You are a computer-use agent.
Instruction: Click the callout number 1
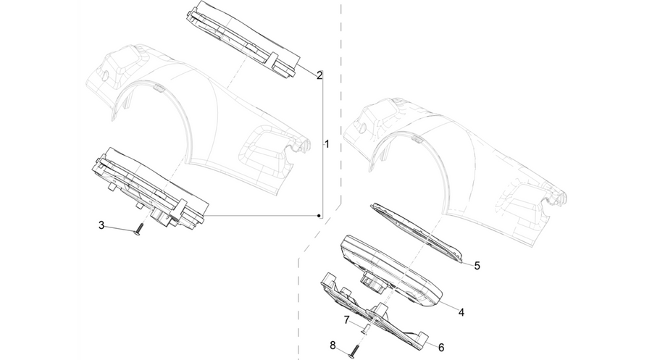point(327,144)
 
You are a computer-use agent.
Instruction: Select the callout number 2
point(319,75)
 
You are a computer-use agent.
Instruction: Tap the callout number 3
point(101,225)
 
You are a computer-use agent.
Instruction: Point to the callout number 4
point(461,311)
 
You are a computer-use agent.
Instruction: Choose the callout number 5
point(477,265)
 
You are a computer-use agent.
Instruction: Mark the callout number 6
point(441,347)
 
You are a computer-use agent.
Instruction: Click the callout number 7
point(346,320)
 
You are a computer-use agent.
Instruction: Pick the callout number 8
point(333,345)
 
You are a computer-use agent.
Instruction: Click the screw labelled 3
point(139,230)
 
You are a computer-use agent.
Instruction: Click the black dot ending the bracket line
point(319,216)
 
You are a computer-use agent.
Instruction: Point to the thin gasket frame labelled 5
point(417,233)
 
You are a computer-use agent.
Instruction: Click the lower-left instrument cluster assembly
point(150,187)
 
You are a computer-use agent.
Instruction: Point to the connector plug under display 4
point(373,282)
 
